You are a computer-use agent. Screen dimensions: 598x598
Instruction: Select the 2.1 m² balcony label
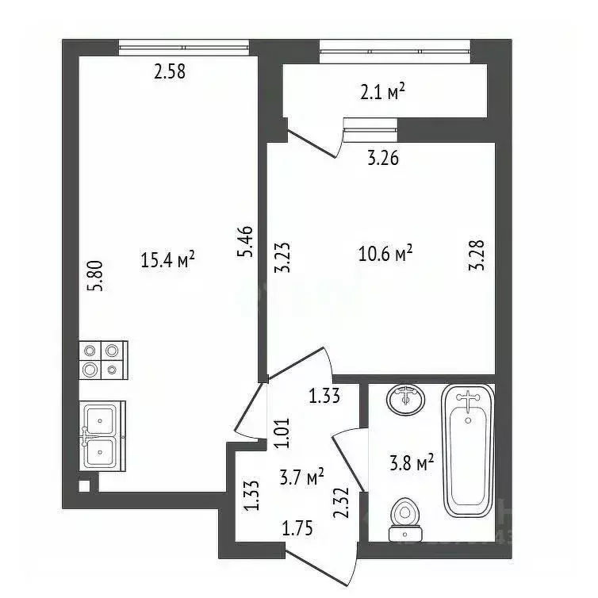coord(382,93)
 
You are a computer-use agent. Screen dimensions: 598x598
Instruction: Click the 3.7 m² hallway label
coord(302,477)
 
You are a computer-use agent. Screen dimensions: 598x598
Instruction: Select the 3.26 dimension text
coord(381,158)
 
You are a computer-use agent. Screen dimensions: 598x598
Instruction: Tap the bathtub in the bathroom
coord(468,449)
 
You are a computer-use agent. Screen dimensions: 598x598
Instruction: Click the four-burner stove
coord(102,359)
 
